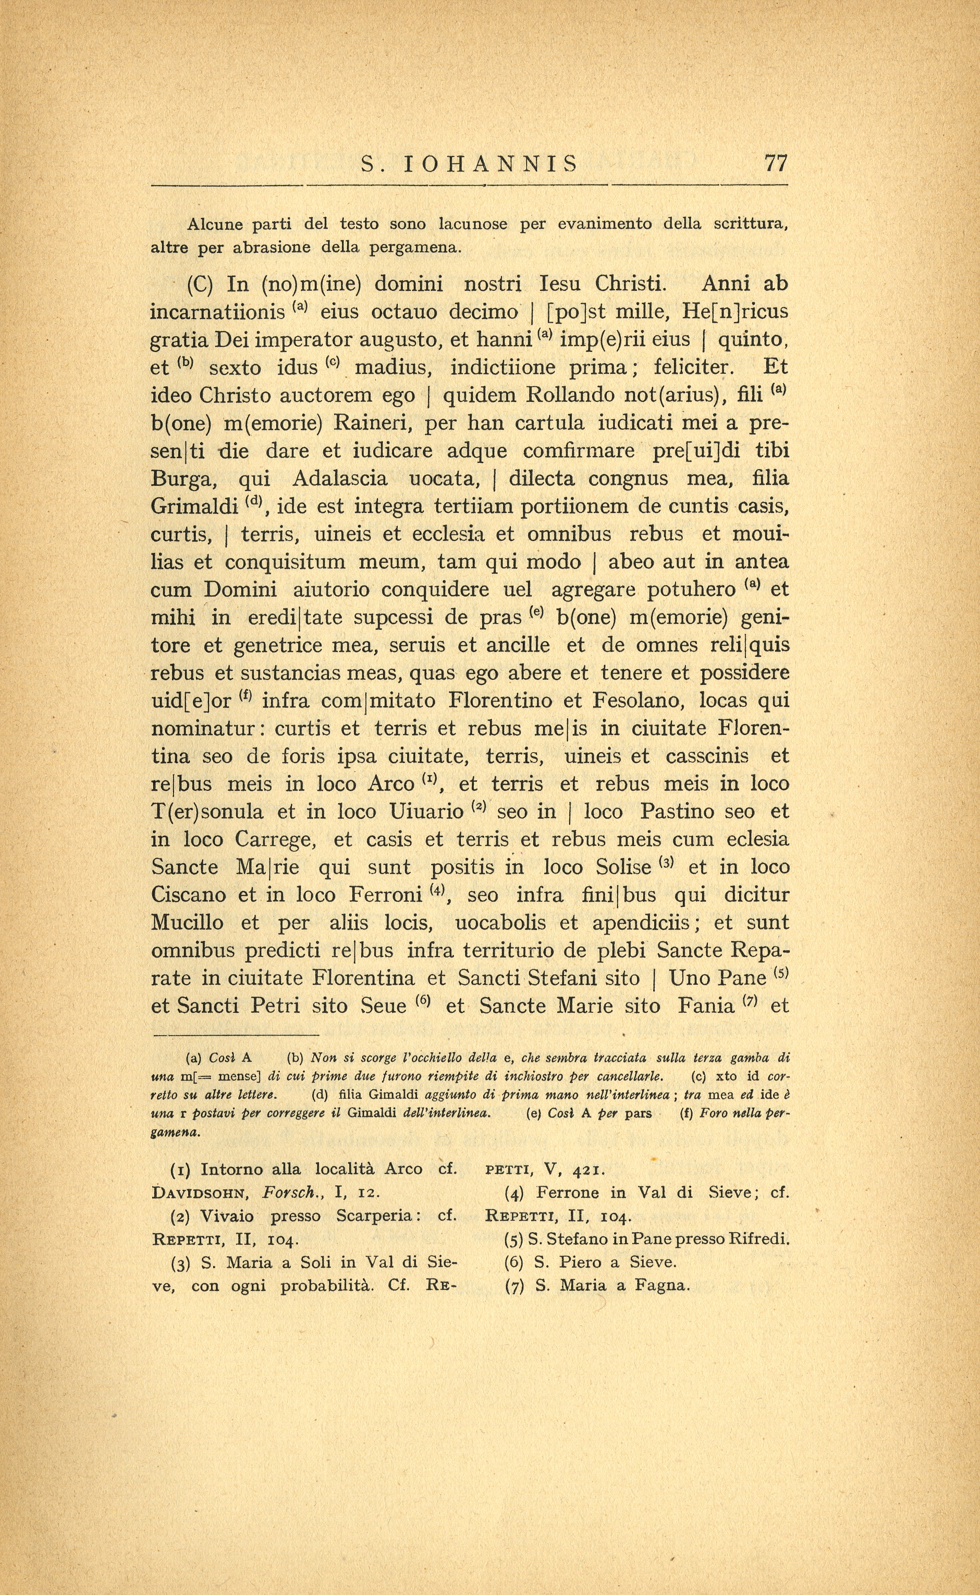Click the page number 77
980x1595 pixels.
click(x=776, y=163)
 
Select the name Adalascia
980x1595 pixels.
click(x=340, y=479)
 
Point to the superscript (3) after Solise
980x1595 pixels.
click(x=667, y=862)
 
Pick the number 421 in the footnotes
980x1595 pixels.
click(x=589, y=1170)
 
